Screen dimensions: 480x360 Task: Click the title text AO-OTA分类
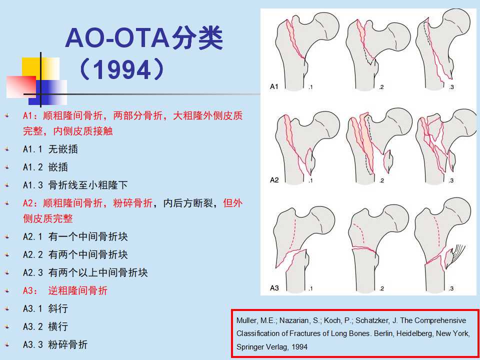click(x=144, y=39)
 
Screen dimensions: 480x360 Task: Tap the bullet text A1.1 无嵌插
click(x=50, y=149)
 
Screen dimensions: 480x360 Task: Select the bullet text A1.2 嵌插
click(x=45, y=167)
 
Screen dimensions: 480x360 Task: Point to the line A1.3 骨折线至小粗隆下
click(x=75, y=185)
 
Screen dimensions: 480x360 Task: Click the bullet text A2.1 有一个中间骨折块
click(x=75, y=236)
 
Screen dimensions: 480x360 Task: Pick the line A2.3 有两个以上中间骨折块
click(x=85, y=272)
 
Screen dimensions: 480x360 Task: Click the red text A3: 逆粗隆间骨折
click(x=65, y=290)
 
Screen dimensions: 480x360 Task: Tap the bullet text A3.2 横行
click(x=45, y=326)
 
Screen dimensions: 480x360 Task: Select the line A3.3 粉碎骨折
click(x=55, y=344)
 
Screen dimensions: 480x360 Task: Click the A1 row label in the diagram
click(x=274, y=86)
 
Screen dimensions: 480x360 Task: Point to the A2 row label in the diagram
click(x=274, y=179)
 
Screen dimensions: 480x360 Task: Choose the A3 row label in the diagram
click(x=274, y=288)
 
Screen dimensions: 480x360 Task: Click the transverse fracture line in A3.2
click(x=364, y=249)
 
